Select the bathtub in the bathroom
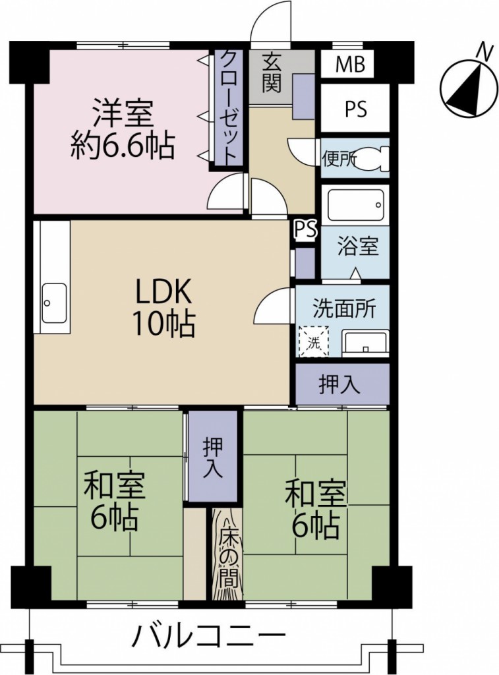(354, 205)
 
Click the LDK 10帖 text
(163, 307)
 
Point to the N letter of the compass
(484, 49)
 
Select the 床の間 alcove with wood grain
(227, 554)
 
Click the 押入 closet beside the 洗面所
(341, 385)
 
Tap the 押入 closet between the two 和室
(212, 457)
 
